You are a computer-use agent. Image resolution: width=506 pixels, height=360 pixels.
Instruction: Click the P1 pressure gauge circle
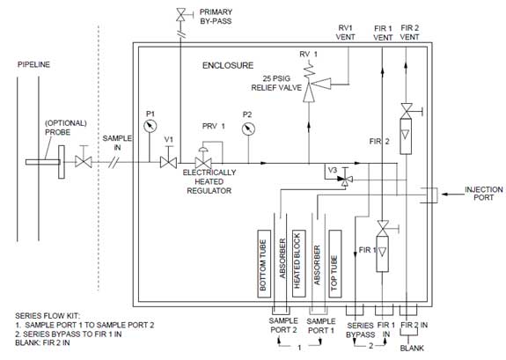pos(150,126)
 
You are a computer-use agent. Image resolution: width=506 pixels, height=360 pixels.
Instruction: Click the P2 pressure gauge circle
pos(248,129)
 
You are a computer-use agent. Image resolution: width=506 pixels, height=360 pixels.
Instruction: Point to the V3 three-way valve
pos(345,179)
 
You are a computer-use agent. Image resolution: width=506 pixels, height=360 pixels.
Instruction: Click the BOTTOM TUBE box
pos(264,264)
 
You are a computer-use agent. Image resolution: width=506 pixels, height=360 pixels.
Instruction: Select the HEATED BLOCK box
pos(298,264)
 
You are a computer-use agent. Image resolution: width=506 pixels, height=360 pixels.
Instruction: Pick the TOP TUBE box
pos(335,264)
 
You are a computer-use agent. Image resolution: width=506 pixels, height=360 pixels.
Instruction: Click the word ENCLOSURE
pos(228,65)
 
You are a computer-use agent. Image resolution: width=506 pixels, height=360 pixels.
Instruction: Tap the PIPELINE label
pos(34,64)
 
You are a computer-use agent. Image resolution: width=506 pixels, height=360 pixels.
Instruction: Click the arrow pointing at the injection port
pos(451,194)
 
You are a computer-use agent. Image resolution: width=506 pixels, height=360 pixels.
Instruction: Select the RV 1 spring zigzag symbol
pos(309,70)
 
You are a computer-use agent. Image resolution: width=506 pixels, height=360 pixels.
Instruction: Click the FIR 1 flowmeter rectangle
pos(383,253)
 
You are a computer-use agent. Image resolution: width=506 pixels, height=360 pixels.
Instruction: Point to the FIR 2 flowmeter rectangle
pos(406,136)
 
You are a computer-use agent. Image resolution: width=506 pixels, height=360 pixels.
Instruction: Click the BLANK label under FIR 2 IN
pos(412,348)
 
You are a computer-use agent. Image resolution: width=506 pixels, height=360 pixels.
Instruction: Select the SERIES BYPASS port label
pos(361,330)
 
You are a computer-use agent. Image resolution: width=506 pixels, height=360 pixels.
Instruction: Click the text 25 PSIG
pos(276,78)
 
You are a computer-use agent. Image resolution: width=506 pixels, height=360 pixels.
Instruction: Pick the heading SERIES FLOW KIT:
pos(48,316)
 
